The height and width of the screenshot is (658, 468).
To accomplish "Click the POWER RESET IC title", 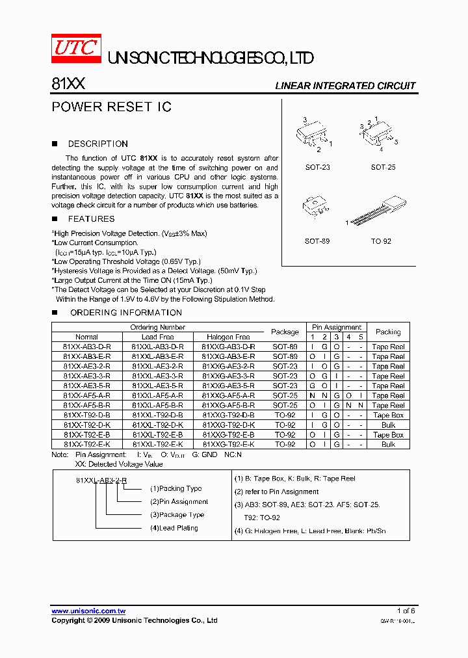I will [111, 107].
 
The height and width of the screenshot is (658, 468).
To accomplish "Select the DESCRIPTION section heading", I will [97, 144].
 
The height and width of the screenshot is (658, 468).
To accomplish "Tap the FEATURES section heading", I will [91, 219].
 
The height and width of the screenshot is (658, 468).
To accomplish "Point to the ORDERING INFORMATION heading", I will [116, 313].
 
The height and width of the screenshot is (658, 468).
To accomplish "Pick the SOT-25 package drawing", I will [380, 135].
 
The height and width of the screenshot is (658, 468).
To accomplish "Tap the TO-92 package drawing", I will [380, 211].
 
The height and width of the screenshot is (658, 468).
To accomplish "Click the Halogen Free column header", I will [228, 337].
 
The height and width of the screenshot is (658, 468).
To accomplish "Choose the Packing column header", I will [388, 332].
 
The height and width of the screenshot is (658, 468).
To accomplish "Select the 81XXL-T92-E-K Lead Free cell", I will [157, 445].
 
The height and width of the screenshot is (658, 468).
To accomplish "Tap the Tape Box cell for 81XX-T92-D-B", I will [388, 415].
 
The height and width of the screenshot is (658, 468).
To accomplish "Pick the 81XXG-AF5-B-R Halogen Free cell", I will [228, 406].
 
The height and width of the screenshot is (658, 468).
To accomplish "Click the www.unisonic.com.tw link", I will [88, 611].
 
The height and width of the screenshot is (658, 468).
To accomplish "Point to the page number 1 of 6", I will [406, 611].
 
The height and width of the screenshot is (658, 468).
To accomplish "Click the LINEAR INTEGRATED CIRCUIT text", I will [345, 86].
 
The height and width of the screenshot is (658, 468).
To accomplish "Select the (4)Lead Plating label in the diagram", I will [174, 528].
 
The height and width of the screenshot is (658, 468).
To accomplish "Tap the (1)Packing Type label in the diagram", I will [176, 488].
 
